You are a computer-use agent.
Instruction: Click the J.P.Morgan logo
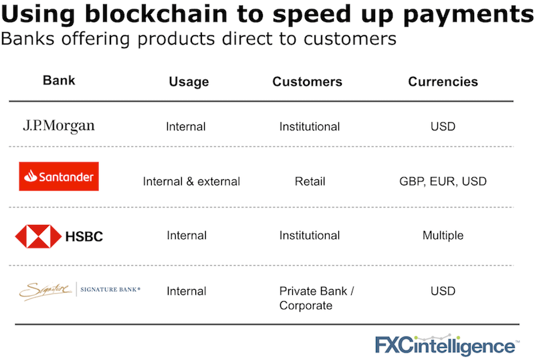tap(59, 126)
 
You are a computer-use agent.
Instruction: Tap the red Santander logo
tap(59, 177)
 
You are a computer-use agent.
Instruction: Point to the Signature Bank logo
tap(79, 290)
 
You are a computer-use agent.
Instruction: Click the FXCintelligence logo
tap(445, 346)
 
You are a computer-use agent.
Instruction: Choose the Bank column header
tap(59, 81)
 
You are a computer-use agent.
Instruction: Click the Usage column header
tap(189, 82)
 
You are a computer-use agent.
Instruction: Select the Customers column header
tap(307, 82)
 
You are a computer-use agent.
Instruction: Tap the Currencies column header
tap(443, 82)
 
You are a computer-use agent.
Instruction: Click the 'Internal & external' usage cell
tap(191, 181)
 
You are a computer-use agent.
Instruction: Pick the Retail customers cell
tap(310, 181)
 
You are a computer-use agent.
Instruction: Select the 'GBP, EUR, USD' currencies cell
tap(443, 181)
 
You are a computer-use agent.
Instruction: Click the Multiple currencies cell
tap(443, 236)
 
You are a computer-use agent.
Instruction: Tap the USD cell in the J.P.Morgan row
tap(443, 126)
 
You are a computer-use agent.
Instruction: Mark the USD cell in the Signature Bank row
tap(443, 291)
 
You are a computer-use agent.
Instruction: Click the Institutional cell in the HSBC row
tap(310, 236)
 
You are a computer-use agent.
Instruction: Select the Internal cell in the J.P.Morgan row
tap(186, 126)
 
